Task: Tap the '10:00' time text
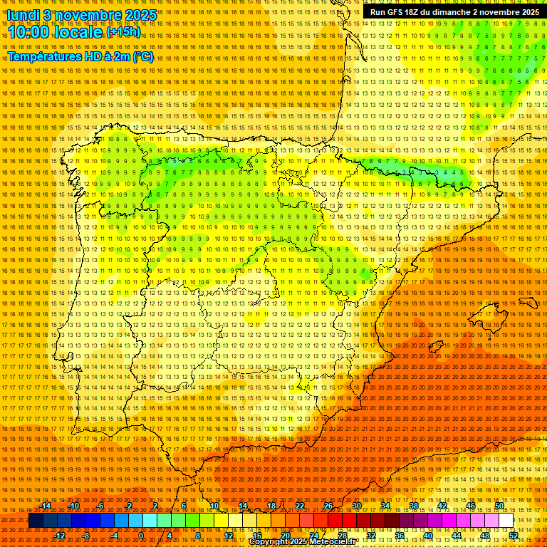tap(28, 33)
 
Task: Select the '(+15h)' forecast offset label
tap(123, 31)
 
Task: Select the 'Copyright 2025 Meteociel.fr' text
tap(302, 542)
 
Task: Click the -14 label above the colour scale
tap(46, 506)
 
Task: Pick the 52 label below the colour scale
tap(514, 536)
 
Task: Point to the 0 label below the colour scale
tap(141, 536)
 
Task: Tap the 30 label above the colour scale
tap(357, 506)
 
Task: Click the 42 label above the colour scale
tap(442, 506)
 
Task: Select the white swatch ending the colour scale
tap(506, 521)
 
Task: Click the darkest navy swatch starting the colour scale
tap(36, 521)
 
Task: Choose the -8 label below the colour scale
tap(87, 536)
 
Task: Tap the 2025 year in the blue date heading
tap(140, 15)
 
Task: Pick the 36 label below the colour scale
tap(400, 536)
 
